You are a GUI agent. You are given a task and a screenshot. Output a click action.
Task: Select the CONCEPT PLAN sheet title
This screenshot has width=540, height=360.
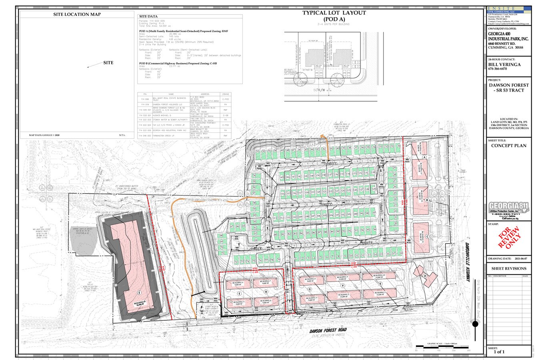tap(509, 146)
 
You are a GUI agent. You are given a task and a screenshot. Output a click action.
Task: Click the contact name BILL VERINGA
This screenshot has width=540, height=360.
tap(504, 64)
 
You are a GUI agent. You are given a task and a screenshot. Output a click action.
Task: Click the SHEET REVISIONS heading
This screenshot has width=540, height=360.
tap(509, 268)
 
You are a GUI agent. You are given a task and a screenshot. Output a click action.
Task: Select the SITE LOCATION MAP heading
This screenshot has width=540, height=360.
tap(77, 14)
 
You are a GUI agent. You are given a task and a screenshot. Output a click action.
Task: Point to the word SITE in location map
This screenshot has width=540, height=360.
tap(108, 62)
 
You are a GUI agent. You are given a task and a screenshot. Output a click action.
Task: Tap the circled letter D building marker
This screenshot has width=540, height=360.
tap(425, 276)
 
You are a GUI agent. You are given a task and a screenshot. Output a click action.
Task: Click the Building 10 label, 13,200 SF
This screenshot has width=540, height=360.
tap(378, 276)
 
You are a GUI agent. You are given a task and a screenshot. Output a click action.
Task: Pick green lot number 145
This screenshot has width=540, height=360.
tap(282, 176)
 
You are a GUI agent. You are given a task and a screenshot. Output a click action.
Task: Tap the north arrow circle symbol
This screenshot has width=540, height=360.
tap(476, 324)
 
